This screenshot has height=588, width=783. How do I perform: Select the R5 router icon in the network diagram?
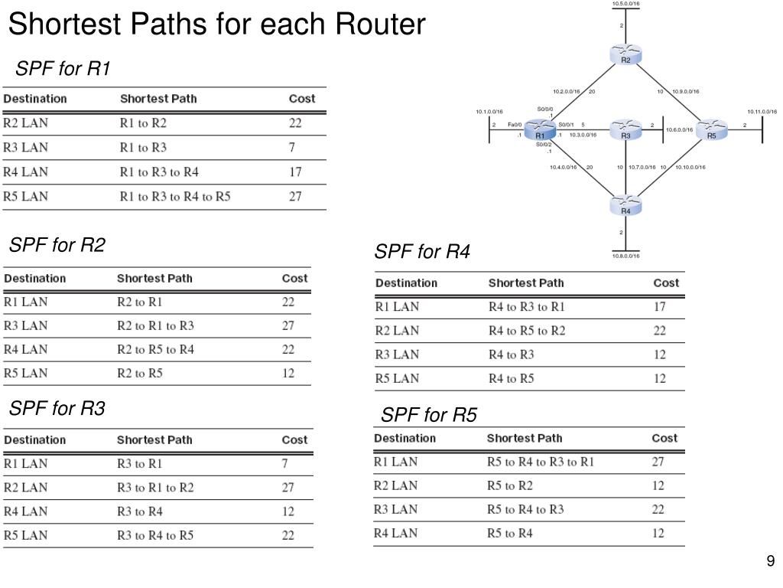point(710,129)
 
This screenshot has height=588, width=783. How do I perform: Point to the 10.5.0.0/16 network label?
point(625,4)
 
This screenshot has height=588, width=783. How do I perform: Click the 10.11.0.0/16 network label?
point(762,112)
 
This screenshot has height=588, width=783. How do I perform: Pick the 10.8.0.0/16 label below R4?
point(625,256)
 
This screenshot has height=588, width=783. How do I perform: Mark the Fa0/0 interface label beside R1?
point(514,125)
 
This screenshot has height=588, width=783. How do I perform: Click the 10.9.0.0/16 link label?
point(685,92)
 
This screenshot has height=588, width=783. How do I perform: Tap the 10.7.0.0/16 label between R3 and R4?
point(642,167)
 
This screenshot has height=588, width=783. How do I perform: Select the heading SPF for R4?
point(422,251)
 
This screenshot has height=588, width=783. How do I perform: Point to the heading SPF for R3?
point(57,409)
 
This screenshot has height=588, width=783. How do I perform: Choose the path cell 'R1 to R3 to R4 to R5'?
point(175,196)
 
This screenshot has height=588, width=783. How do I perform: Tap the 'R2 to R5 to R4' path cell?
point(155,349)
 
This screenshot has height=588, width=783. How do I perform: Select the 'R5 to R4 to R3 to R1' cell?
point(540,462)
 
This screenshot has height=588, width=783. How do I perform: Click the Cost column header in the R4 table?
point(666,283)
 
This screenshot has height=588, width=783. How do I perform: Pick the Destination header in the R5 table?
point(404,438)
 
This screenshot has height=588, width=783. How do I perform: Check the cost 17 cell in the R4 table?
point(659,307)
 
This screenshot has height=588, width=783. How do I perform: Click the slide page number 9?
point(771,562)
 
